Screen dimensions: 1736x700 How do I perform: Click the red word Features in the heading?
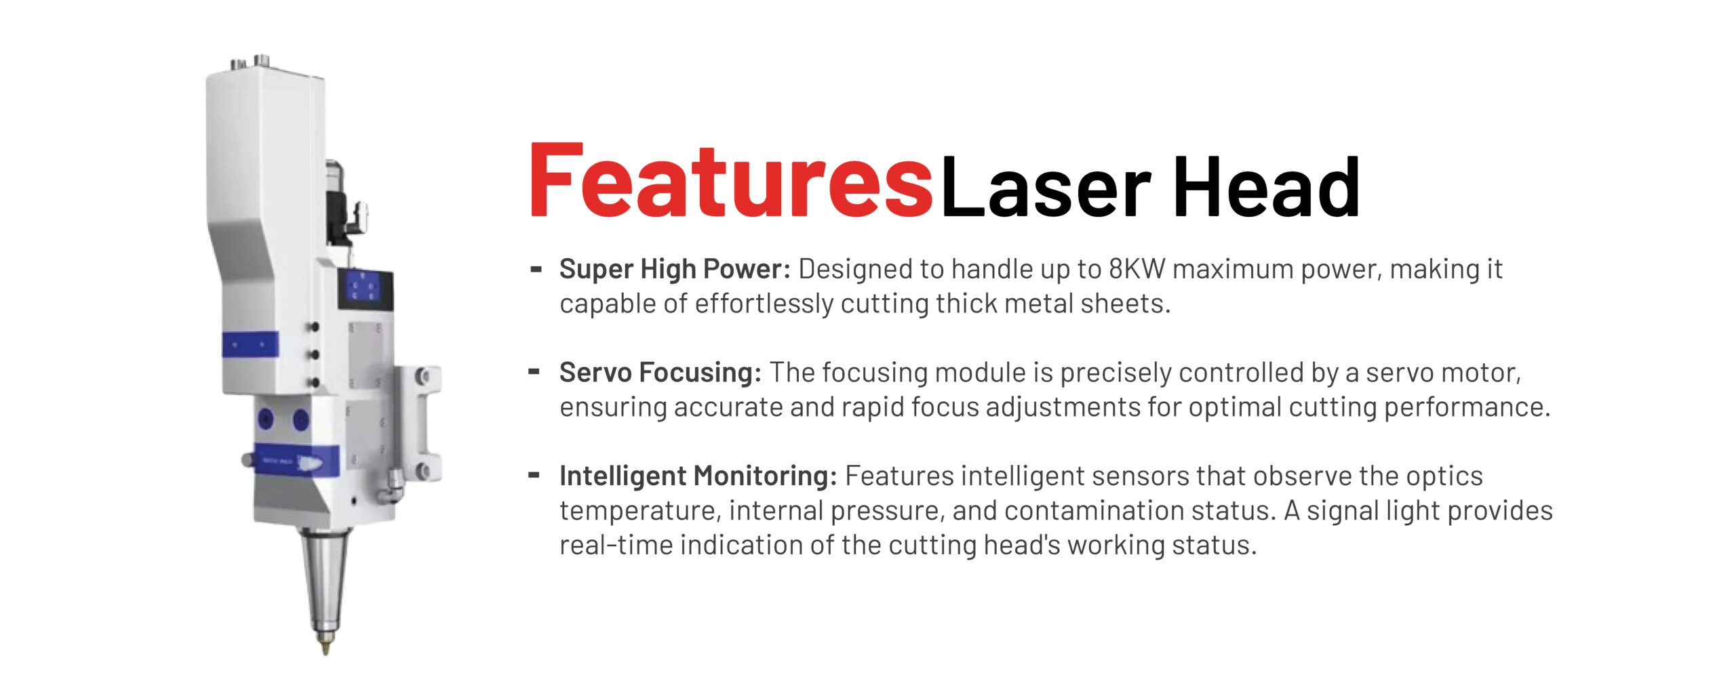pyautogui.click(x=731, y=181)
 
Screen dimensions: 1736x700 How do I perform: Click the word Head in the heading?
pyautogui.click(x=1266, y=186)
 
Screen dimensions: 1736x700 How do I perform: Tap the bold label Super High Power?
pyautogui.click(x=675, y=269)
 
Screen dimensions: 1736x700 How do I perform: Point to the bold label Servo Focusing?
pyautogui.click(x=660, y=373)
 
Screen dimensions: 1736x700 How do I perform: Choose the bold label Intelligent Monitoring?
pyautogui.click(x=698, y=476)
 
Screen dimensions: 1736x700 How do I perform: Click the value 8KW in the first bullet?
pyautogui.click(x=1137, y=269)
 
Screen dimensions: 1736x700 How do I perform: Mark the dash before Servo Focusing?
pyautogui.click(x=535, y=371)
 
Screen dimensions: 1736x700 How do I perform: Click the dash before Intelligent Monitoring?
pyautogui.click(x=535, y=475)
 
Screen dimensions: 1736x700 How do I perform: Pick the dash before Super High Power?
pyautogui.click(x=535, y=268)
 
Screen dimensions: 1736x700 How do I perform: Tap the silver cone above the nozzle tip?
pyautogui.click(x=325, y=581)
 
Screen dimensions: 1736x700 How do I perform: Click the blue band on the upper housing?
pyautogui.click(x=250, y=346)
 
